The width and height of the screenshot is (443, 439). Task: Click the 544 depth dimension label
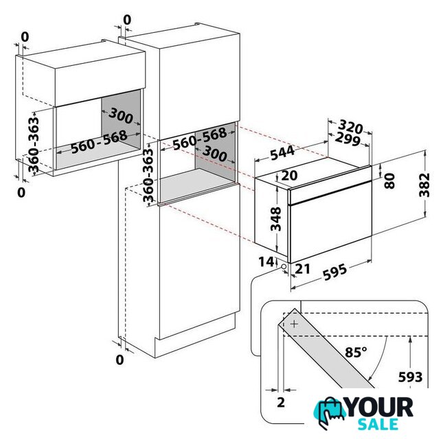pos(282,153)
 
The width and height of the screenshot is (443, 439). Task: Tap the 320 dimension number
pos(350,126)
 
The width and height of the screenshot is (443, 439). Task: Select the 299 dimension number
pos(348,139)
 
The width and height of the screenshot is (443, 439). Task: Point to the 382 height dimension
pos(424,185)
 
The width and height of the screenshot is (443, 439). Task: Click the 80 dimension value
pos(389,181)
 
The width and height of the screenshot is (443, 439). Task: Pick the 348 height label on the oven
pos(275,219)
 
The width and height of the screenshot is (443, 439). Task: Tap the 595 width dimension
pos(334,272)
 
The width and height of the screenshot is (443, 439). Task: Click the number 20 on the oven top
pos(289,176)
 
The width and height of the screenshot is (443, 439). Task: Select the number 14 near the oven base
pos(266,262)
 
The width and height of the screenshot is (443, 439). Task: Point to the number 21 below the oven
pos(302,269)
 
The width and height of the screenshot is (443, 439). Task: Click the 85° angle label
pos(356,352)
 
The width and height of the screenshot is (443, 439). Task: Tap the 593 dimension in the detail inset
pos(410,377)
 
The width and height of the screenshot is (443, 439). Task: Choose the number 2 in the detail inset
pos(280,403)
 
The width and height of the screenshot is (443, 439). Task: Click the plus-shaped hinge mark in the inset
pos(294,324)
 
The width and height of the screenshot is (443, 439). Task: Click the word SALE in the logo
pos(378,425)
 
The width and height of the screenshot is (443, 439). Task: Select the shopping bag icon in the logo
pos(328,412)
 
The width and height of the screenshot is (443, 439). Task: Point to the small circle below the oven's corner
pos(283,266)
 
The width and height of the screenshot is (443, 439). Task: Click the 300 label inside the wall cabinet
pos(121,115)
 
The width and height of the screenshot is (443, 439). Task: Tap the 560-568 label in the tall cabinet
pos(200,139)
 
